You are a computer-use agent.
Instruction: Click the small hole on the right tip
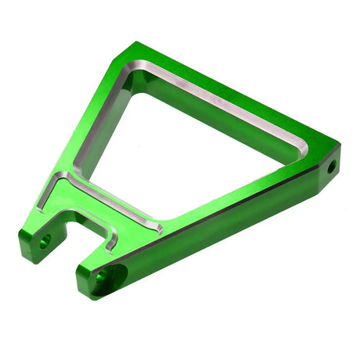coord(331,167)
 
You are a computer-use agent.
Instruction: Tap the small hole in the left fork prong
coord(45,238)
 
